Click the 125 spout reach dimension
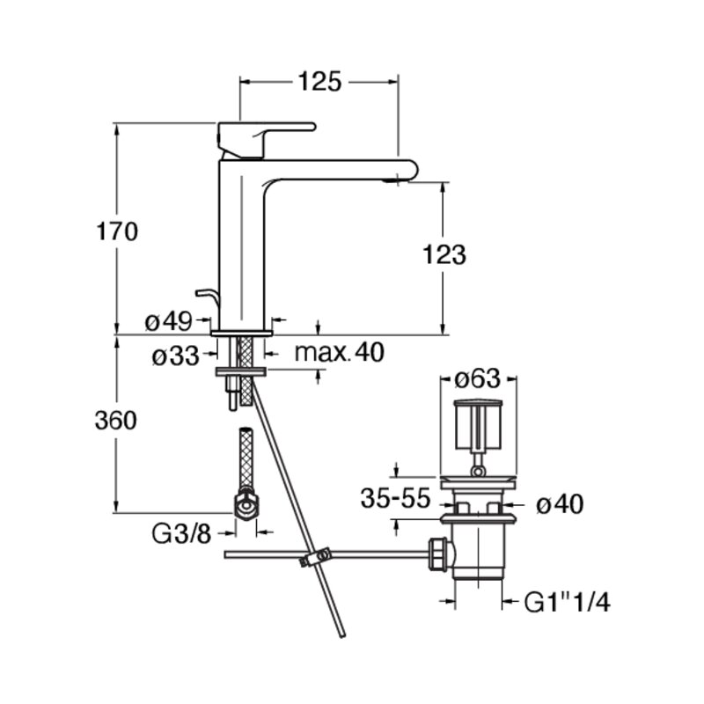pyautogui.click(x=319, y=82)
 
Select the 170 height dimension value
pyautogui.click(x=117, y=231)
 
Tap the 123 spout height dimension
pyautogui.click(x=444, y=254)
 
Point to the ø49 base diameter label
pyautogui.click(x=168, y=321)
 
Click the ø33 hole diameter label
pyautogui.click(x=175, y=356)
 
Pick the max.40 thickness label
pyautogui.click(x=339, y=352)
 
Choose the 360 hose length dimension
pyautogui.click(x=115, y=421)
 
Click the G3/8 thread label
pyautogui.click(x=181, y=534)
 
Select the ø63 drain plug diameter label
pyautogui.click(x=477, y=378)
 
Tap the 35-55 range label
pyautogui.click(x=395, y=498)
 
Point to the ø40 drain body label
pyautogui.click(x=560, y=504)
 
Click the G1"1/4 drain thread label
pyautogui.click(x=567, y=602)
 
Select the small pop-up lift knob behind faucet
pyautogui.click(x=207, y=296)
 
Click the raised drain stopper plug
pyautogui.click(x=478, y=425)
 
